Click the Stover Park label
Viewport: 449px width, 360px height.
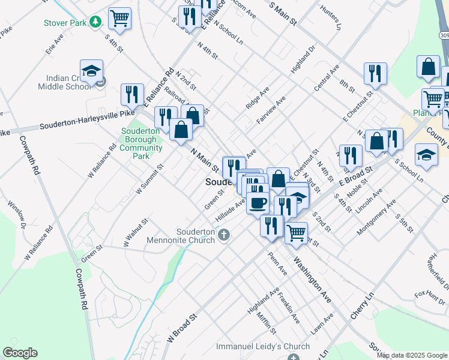(x=65, y=23)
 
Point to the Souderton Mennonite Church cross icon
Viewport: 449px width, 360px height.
(x=224, y=234)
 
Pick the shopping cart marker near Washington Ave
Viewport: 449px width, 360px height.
(x=296, y=233)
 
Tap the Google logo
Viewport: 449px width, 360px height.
(x=20, y=353)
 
